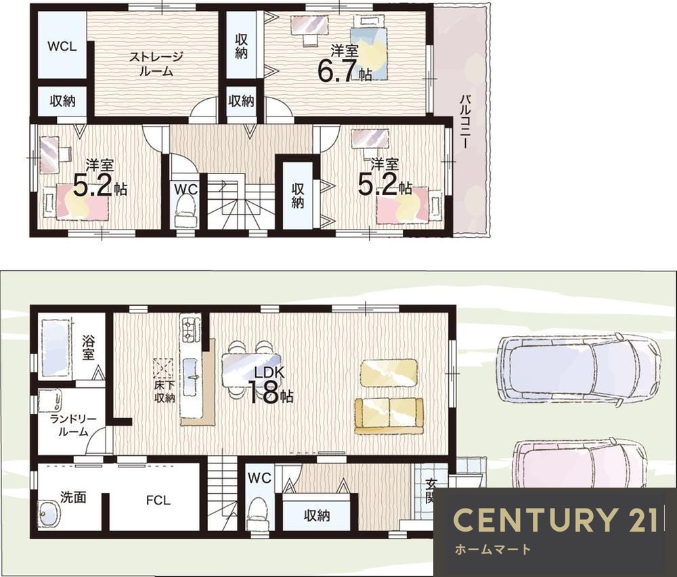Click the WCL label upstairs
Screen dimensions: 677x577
click(62, 46)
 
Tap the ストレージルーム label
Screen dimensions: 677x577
click(156, 64)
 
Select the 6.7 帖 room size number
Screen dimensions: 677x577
click(337, 70)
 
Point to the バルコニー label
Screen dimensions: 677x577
click(466, 121)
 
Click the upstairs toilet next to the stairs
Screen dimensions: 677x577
click(186, 211)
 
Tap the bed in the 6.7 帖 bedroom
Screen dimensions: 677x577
click(368, 47)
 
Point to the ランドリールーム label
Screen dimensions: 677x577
click(72, 425)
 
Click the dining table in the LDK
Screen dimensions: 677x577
click(251, 369)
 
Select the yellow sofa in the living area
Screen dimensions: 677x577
click(389, 415)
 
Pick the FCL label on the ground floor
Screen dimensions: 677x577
click(158, 500)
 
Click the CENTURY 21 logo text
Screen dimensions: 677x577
click(556, 519)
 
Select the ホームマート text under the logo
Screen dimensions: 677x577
click(493, 549)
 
